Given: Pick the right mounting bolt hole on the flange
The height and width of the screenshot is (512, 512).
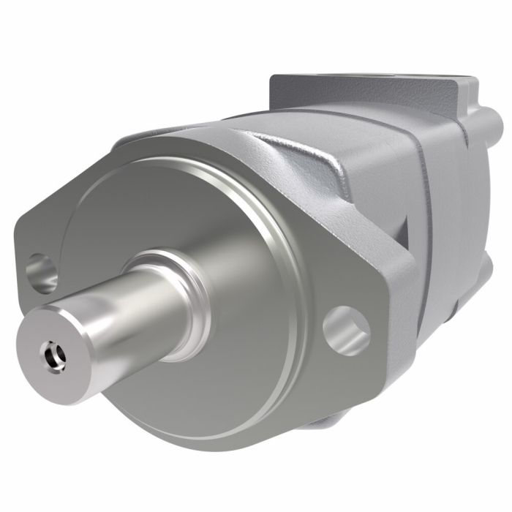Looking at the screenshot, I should point(346,328).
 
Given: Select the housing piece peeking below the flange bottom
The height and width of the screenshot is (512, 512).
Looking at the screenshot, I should point(329,424).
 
